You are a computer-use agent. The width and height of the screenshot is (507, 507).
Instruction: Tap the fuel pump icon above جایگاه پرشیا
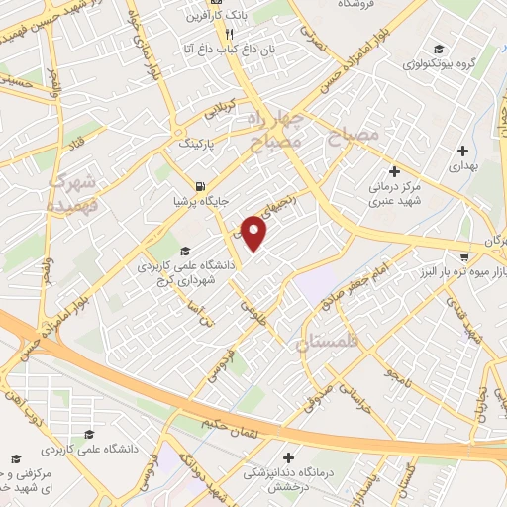(202, 186)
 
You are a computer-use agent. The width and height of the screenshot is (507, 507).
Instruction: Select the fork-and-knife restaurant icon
(229, 32)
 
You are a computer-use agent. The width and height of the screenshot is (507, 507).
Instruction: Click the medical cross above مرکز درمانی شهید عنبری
(394, 170)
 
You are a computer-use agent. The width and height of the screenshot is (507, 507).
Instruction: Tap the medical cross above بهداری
(461, 151)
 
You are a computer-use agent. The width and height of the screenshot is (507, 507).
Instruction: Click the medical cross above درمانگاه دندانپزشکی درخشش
(288, 457)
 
